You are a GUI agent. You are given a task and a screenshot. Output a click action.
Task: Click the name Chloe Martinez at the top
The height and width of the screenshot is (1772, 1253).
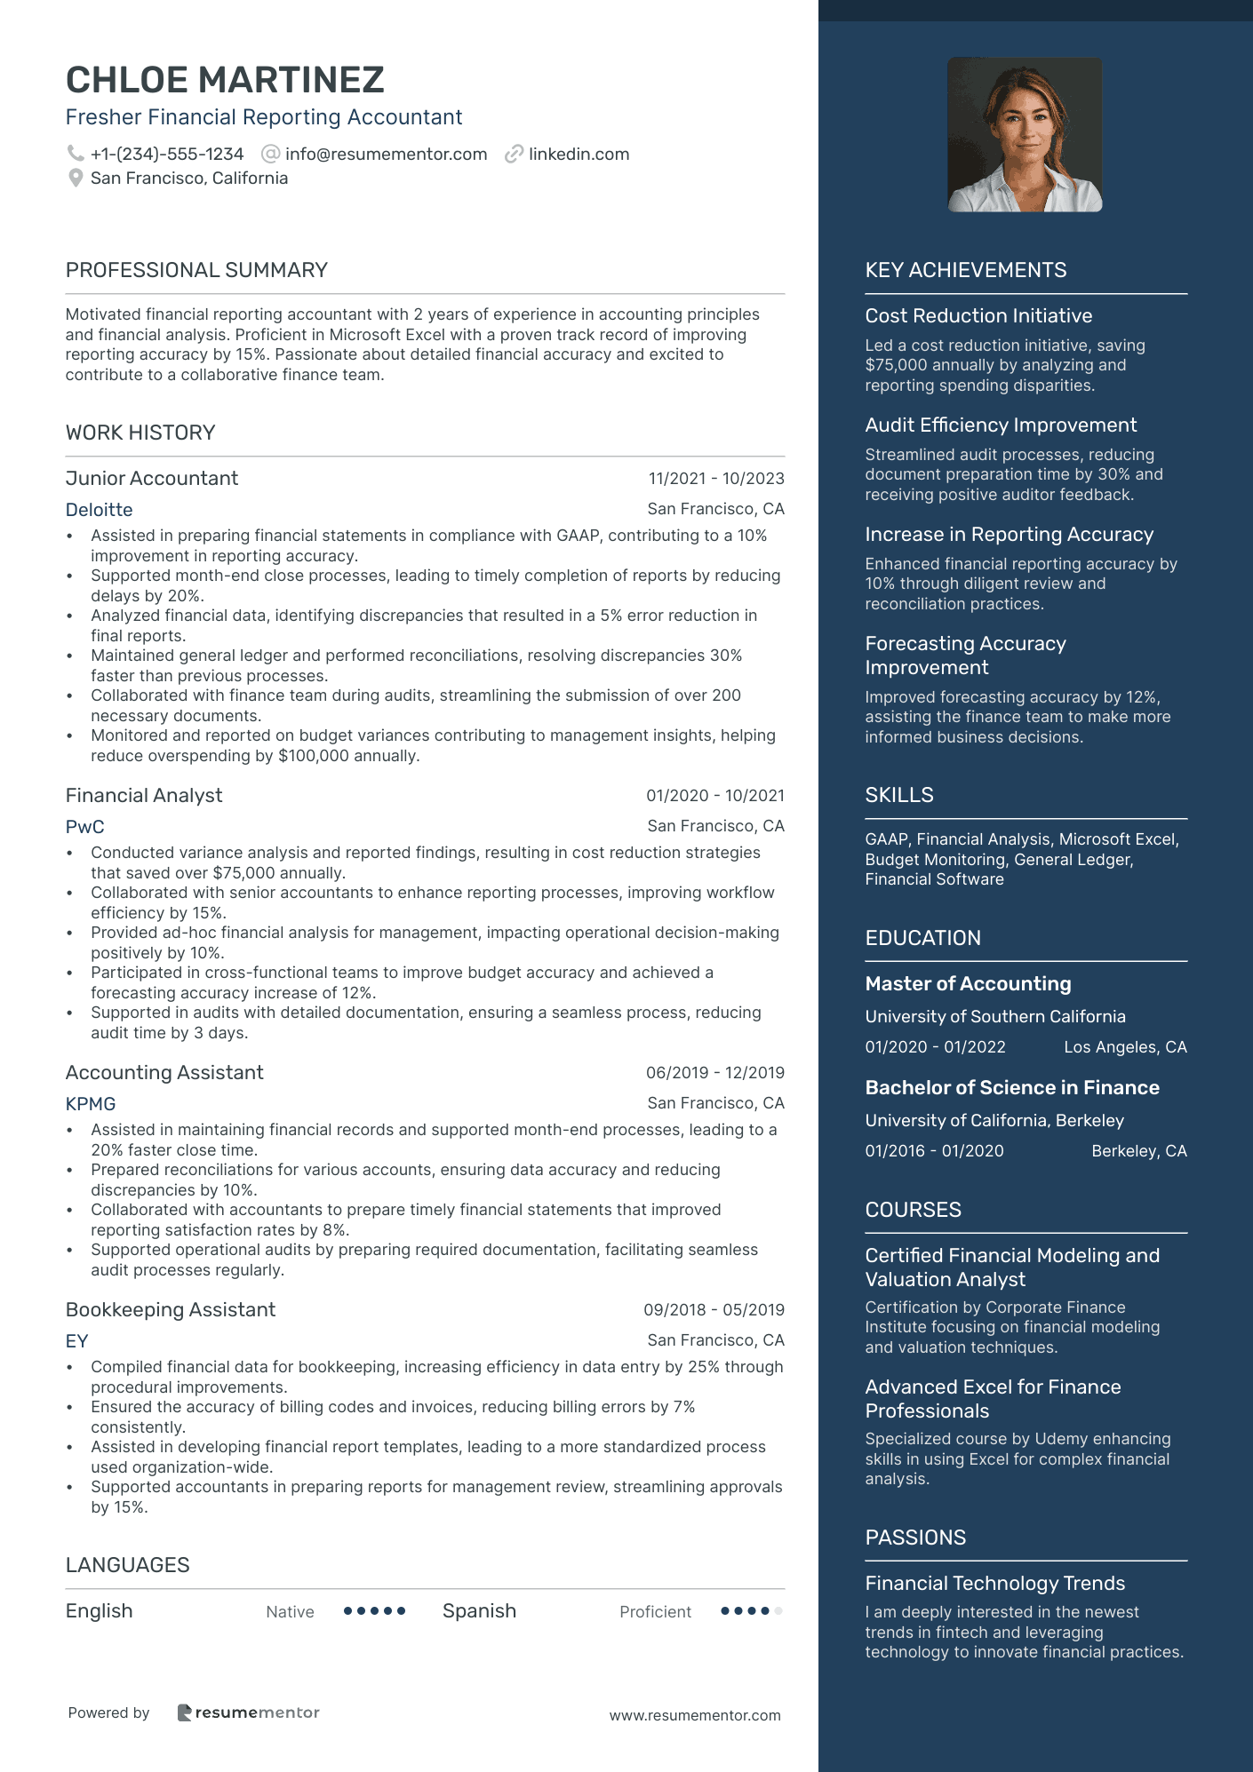225,80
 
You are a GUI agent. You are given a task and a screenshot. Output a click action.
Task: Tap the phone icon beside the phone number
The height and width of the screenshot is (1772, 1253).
76,154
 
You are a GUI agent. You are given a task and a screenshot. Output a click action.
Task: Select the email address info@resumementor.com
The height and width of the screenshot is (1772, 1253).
386,154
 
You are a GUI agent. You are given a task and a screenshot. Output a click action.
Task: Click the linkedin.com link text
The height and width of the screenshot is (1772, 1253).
579,154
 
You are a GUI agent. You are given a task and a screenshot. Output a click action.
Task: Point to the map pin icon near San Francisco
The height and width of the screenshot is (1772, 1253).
76,179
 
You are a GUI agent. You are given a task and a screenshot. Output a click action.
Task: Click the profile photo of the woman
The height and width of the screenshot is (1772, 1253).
1025,134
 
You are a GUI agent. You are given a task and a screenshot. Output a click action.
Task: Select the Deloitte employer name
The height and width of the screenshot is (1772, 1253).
99,510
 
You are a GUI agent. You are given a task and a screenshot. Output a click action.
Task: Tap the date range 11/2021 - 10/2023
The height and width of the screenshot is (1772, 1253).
715,479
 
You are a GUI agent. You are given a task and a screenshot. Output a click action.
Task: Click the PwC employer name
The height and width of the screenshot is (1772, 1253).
84,827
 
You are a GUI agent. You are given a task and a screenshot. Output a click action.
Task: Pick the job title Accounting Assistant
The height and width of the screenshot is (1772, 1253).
164,1073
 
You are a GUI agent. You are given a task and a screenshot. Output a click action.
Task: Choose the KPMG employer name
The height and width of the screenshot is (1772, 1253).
91,1104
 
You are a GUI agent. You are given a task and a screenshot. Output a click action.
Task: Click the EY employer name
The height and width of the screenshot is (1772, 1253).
76,1341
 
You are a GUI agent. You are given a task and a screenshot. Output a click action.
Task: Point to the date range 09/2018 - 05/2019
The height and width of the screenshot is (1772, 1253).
714,1310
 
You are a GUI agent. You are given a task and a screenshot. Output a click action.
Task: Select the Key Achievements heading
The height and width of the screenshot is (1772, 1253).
965,270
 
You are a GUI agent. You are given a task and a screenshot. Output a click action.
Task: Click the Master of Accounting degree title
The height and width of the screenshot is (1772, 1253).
968,984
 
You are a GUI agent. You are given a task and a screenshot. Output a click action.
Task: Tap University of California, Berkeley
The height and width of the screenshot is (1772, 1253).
994,1121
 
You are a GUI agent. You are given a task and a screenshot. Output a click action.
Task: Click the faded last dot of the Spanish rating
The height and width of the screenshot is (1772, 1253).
778,1611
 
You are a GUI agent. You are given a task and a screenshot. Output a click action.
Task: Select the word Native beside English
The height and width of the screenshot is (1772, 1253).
290,1612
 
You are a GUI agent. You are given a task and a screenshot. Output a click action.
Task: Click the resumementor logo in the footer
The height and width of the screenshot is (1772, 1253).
248,1712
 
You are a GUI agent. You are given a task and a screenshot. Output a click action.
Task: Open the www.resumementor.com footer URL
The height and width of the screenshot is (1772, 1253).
694,1715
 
